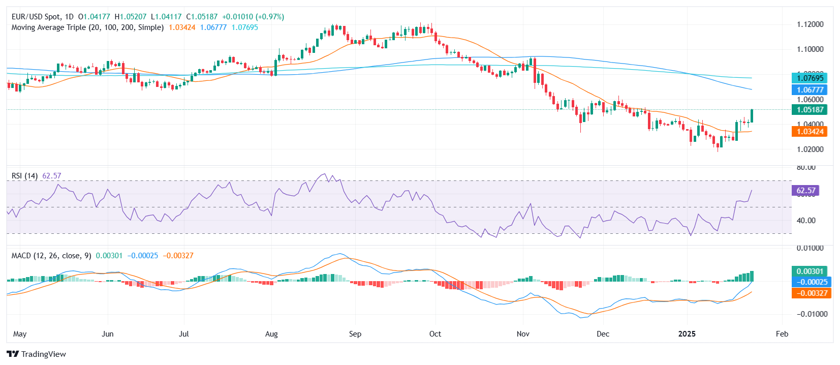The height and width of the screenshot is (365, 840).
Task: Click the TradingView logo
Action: click(36, 354)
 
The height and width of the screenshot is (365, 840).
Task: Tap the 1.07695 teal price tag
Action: click(810, 78)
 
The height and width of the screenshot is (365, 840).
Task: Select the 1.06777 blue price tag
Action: click(810, 90)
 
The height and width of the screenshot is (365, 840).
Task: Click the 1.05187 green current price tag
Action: click(810, 110)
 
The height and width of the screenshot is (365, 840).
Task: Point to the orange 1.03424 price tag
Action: click(810, 132)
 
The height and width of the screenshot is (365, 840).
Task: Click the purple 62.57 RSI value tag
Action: click(805, 191)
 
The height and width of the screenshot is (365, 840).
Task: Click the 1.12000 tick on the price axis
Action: click(810, 24)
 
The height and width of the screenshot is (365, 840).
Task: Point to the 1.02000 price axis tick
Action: click(810, 149)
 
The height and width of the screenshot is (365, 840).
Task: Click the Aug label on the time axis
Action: click(271, 334)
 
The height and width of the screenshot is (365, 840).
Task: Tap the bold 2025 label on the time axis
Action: click(687, 334)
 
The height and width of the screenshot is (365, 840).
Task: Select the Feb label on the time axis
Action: click(782, 334)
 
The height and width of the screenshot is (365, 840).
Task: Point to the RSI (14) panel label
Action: click(24, 176)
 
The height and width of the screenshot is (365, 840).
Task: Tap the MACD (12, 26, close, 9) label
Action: click(51, 256)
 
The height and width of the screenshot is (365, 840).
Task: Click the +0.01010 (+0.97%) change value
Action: click(253, 17)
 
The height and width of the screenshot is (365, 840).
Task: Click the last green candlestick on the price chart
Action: click(752, 116)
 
